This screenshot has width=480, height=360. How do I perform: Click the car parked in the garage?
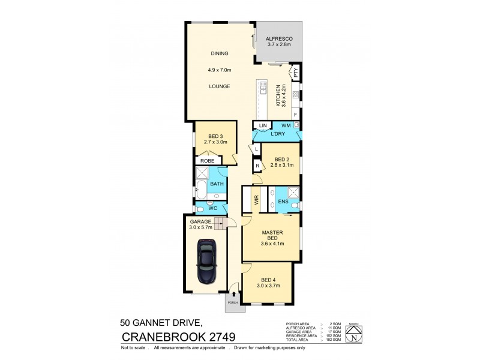[x=206, y=262]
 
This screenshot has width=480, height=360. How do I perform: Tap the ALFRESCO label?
[x=278, y=39]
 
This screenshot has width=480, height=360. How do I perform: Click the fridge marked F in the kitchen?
[x=295, y=114]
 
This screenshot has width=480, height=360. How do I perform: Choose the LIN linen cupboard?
[x=262, y=125]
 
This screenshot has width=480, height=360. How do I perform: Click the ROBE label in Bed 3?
[x=207, y=161]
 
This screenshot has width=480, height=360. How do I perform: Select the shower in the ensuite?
[x=294, y=193]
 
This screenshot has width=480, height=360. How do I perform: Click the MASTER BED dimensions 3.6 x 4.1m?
[x=272, y=244]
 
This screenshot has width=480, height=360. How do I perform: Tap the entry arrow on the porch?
[x=233, y=295]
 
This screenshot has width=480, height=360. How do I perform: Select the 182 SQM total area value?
[x=334, y=340]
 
